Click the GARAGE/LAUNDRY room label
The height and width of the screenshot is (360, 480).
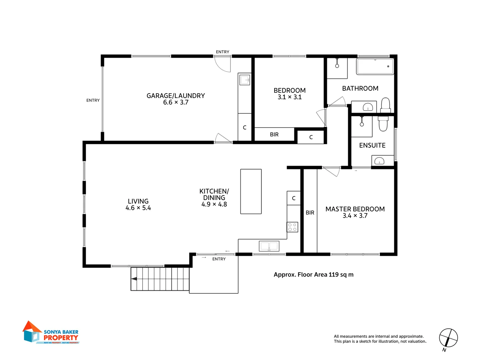pos(176,96)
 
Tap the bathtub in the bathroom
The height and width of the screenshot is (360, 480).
pos(375,67)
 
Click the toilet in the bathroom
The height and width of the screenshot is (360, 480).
pos(385,105)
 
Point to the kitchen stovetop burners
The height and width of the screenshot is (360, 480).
pos(292,227)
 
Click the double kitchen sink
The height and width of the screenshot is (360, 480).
pos(269,246)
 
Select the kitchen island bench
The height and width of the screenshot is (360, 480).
pos(251,191)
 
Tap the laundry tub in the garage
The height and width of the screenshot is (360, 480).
pos(245,80)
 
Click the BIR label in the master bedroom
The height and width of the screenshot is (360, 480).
pos(310,213)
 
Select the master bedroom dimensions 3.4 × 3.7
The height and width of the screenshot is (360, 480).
pos(355,216)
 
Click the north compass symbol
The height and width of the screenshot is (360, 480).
pos(448,338)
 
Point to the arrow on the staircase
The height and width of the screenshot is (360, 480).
pos(134,279)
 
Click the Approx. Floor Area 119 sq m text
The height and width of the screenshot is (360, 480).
pos(313,275)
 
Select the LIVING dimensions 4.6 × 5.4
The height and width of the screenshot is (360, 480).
pos(138,208)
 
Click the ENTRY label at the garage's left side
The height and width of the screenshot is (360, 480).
pos(93,100)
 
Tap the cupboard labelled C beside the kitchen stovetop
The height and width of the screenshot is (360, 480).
pos(294,198)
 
